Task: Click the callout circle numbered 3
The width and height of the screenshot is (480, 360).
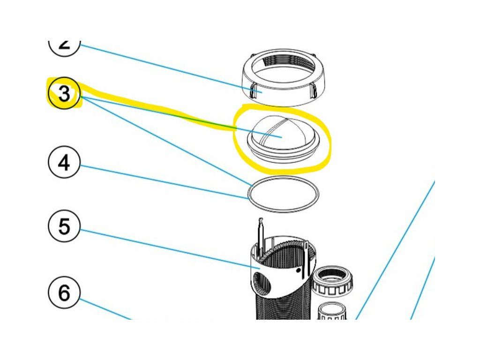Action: click(x=64, y=94)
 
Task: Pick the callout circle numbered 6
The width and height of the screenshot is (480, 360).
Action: click(x=64, y=293)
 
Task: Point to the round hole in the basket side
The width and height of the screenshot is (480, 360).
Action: click(x=260, y=283)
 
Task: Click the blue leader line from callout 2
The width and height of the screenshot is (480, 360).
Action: click(x=164, y=68)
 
